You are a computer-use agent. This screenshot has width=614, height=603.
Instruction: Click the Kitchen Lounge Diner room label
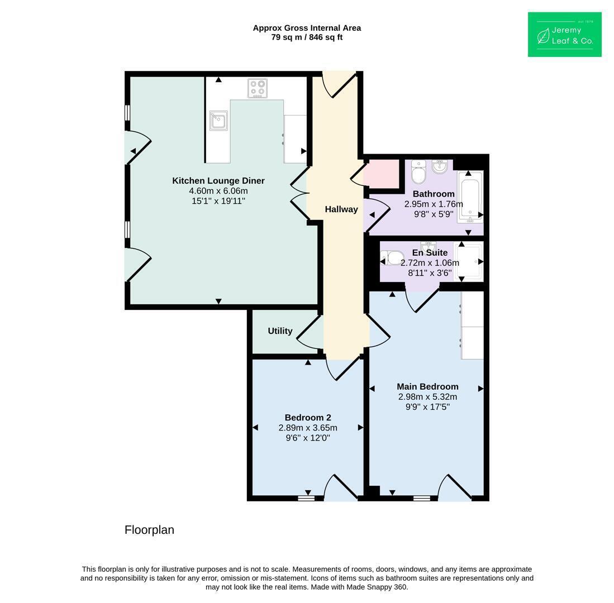pyautogui.click(x=218, y=181)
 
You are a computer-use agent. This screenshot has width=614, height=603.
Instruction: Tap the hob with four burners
pyautogui.click(x=258, y=88)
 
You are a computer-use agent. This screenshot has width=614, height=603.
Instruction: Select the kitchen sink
pyautogui.click(x=218, y=121)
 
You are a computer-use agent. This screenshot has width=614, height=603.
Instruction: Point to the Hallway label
pyautogui.click(x=341, y=209)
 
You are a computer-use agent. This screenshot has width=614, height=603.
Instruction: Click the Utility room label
pyautogui.click(x=280, y=331)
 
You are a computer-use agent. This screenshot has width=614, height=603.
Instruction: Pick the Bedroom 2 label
pyautogui.click(x=308, y=418)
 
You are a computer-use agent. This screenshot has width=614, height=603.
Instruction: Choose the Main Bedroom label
pyautogui.click(x=427, y=386)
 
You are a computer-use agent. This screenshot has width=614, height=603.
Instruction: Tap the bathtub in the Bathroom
pyautogui.click(x=470, y=197)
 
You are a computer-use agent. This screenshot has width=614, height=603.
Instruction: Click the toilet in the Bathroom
pyautogui.click(x=418, y=172)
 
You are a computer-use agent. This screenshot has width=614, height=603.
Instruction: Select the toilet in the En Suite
pyautogui.click(x=392, y=259)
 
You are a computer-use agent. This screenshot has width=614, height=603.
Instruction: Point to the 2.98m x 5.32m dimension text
pyautogui.click(x=427, y=397)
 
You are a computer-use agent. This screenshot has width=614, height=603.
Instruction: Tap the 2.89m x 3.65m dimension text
pyautogui.click(x=308, y=428)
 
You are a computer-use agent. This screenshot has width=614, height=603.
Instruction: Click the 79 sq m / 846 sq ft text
pyautogui.click(x=307, y=37)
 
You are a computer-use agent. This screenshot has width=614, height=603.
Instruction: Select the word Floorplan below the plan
pyautogui.click(x=149, y=530)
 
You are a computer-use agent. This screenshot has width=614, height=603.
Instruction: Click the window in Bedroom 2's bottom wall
pyautogui.click(x=306, y=498)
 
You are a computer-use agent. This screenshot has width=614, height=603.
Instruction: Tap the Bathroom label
pyautogui.click(x=434, y=194)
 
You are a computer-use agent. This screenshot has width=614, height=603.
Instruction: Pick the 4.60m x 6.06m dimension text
pyautogui.click(x=218, y=191)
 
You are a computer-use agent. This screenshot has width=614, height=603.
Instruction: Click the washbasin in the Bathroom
pyautogui.click(x=440, y=166)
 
